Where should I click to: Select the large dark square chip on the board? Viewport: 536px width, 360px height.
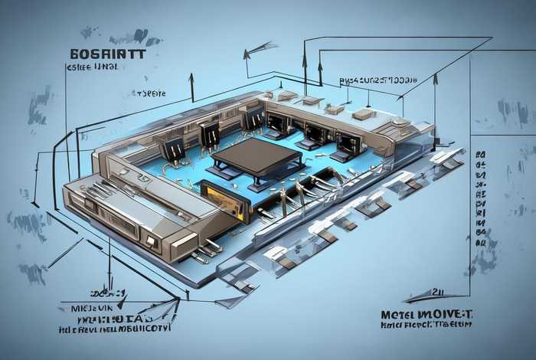(x=256, y=156)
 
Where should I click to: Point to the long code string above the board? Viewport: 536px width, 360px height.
(x=378, y=80)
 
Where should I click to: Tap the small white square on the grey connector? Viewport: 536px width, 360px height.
(x=152, y=241)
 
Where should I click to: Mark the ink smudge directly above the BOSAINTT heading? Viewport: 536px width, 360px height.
(x=123, y=36)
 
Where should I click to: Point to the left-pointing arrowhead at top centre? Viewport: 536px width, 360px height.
(x=247, y=54)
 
